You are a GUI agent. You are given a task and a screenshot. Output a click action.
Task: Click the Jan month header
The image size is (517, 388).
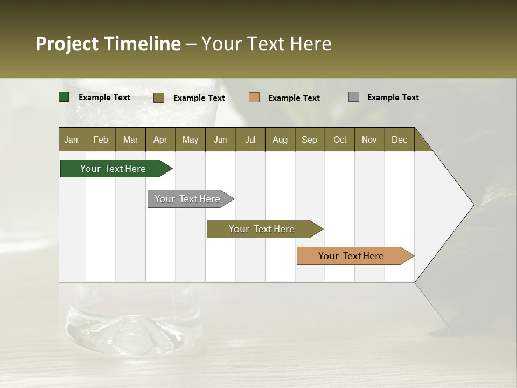pos(71,140)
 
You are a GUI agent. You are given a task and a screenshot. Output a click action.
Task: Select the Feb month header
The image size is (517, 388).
pos(101,140)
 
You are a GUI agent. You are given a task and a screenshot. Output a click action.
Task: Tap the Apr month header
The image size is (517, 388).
pos(160,140)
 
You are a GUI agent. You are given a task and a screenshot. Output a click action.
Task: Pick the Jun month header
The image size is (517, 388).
pos(220,140)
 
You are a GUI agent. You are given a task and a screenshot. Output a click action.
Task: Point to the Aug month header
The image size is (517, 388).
pos(280,140)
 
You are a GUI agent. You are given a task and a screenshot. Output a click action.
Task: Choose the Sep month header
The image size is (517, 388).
pos(310,140)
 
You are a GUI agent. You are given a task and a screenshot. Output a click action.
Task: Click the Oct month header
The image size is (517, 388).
pos(340,140)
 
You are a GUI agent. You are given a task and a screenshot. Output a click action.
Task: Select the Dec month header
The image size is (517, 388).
pos(400,140)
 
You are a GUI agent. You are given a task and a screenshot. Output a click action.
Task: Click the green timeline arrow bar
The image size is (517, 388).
pos(114,169)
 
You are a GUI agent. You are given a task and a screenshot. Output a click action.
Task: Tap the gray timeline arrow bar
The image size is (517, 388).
pos(188,199)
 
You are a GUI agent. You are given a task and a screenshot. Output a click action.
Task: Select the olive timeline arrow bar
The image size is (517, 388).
pos(262,229)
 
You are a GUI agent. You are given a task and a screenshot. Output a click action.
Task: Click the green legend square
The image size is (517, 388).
pos(64,97)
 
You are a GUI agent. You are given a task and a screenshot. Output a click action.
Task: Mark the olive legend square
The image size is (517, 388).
pos(159,98)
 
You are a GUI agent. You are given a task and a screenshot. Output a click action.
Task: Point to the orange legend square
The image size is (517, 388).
pos(254,98)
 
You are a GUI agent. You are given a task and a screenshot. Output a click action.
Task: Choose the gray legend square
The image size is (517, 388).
pos(354,97)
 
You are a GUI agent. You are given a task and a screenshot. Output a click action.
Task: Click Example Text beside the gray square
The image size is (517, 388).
pos(393,98)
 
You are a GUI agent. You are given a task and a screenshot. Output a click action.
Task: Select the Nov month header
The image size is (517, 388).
pos(369,140)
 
